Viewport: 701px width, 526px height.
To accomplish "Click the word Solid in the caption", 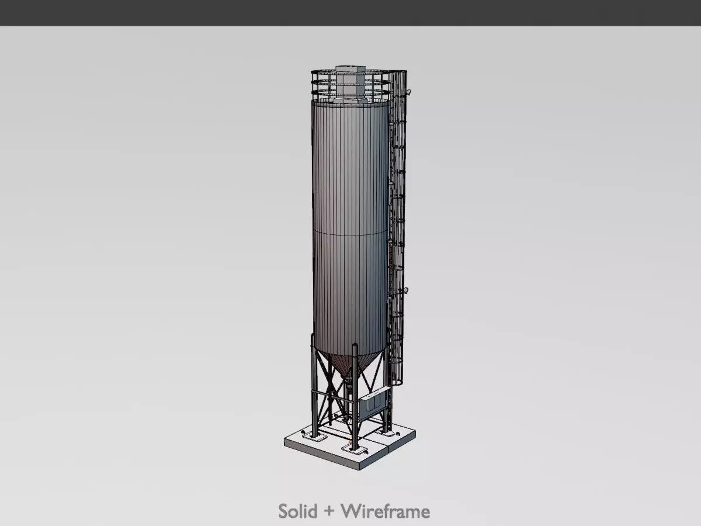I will coord(299,511).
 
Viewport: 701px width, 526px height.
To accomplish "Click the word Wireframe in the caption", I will coord(386,511).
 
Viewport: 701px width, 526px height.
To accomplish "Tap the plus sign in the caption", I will coord(329,512).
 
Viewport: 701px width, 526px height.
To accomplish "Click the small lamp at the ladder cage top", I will coord(410,91).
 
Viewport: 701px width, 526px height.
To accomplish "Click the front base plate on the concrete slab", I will coord(351,449).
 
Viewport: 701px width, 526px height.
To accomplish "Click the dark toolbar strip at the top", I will coord(350,12).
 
